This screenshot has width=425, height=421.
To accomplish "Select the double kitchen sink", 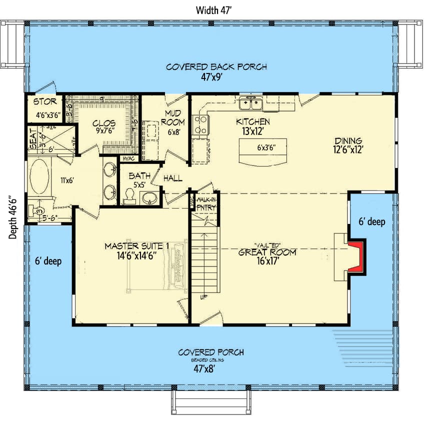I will tap(252, 103).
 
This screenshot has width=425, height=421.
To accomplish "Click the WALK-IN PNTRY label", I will tap(206, 203).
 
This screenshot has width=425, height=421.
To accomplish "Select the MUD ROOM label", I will tap(174, 117).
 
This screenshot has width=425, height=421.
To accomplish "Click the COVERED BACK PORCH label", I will tap(216, 66).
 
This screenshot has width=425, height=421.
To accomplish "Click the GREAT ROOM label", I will tap(267, 252).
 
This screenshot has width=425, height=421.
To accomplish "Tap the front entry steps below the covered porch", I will tap(210, 402).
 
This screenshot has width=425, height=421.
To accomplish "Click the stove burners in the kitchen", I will tap(200, 124).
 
